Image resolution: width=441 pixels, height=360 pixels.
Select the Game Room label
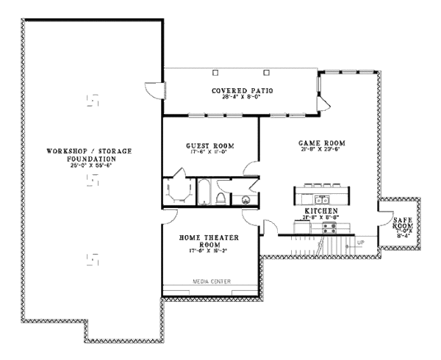click(322, 143)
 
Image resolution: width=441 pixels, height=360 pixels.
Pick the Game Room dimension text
click(322, 150)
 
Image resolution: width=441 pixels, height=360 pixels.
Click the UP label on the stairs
click(360, 242)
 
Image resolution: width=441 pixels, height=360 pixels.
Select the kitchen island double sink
click(321, 198)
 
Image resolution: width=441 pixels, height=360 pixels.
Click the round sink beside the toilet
click(244, 199)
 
